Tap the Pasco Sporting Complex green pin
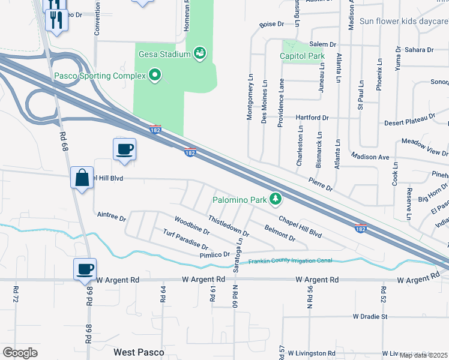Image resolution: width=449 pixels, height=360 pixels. [x=155, y=75]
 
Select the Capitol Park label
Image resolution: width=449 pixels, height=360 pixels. [x=302, y=56]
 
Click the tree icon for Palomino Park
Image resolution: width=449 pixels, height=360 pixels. [x=276, y=199]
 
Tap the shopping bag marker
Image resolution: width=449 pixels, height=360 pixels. [x=81, y=178]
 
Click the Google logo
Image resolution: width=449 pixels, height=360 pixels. [x=20, y=353]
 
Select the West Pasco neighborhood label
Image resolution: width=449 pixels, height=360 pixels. [x=139, y=352]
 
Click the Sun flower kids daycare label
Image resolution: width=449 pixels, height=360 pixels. [x=403, y=21]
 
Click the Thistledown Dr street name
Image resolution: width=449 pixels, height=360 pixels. [x=229, y=224]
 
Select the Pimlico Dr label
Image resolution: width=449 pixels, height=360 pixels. [x=214, y=255]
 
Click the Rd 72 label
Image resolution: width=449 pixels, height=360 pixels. [x=14, y=293]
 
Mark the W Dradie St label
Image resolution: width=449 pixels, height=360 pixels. [x=370, y=316]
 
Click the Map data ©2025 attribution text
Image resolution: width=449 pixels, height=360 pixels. [x=423, y=355]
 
